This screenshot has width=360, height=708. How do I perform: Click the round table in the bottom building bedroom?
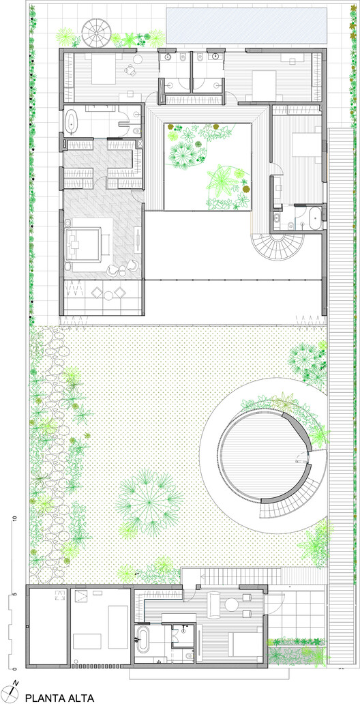232,604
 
